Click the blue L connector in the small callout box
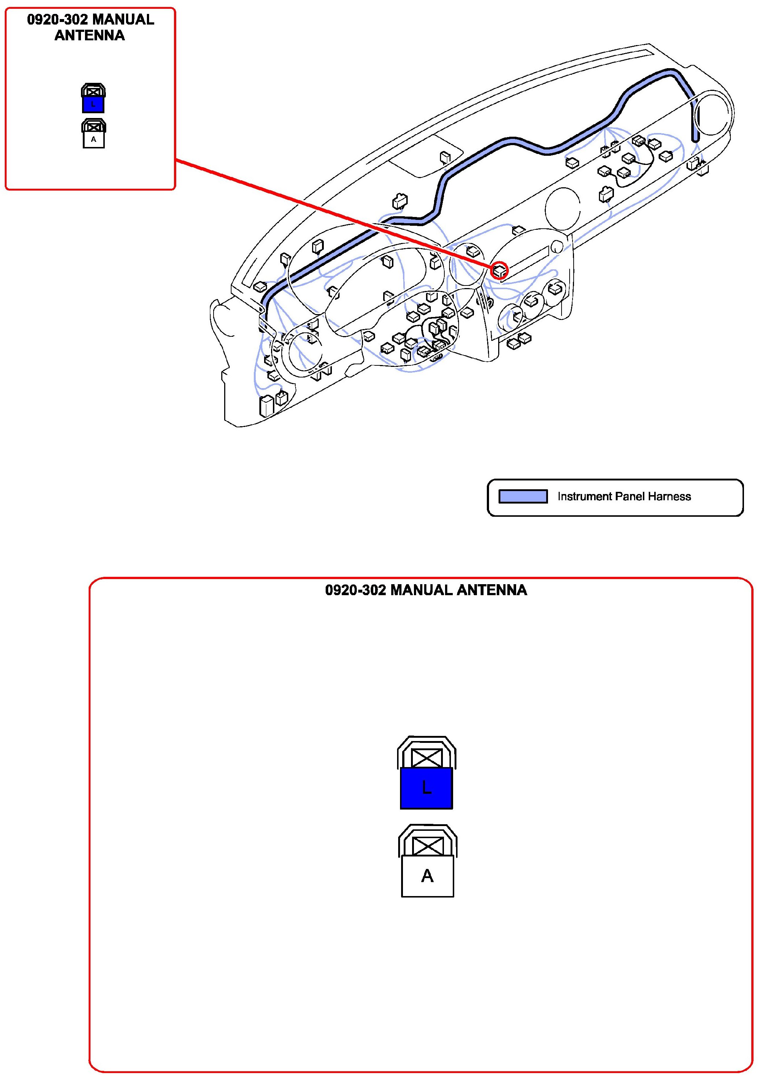point(93,104)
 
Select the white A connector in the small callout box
point(94,140)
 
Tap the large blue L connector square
point(426,788)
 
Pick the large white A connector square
point(427,876)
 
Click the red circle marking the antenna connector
point(499,270)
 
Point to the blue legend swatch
point(523,496)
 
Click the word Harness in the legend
point(670,496)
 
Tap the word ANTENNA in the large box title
point(492,590)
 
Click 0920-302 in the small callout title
point(57,20)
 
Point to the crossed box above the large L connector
point(426,757)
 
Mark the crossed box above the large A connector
point(427,846)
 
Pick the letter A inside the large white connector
point(427,876)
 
